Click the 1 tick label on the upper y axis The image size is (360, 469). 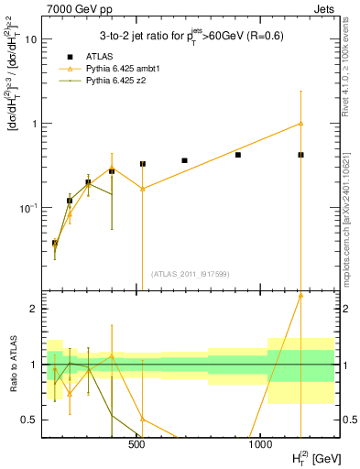point(33,124)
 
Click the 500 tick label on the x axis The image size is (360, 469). point(136,444)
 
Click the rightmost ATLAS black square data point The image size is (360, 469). point(300,155)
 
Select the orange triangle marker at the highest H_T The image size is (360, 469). point(300,124)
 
